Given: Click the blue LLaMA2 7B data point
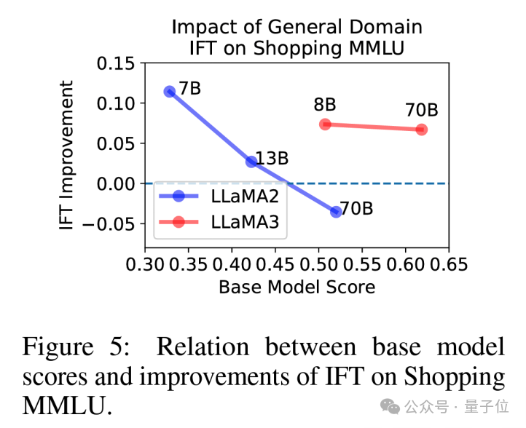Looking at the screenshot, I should (x=170, y=92).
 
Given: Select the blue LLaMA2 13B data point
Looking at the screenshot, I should (x=251, y=162).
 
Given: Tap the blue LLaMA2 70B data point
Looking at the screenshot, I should (x=336, y=212).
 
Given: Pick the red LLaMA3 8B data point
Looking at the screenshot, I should (x=325, y=124).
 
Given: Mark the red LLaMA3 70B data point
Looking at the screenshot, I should (x=422, y=130).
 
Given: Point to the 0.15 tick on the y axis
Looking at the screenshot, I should (x=116, y=64).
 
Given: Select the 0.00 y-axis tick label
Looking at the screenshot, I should (x=116, y=183).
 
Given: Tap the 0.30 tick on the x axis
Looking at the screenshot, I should (x=145, y=263).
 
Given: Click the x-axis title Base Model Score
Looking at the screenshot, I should (x=297, y=287).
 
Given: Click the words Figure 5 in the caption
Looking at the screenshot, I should (x=76, y=346).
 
